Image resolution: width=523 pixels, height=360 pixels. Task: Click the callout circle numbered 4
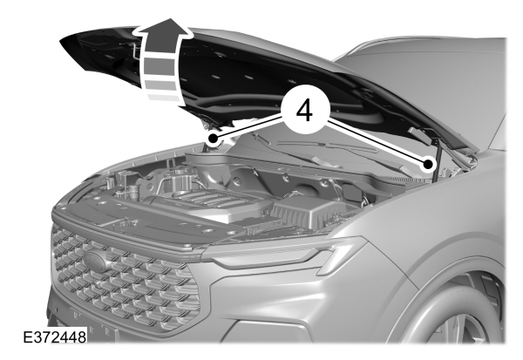click(x=305, y=110)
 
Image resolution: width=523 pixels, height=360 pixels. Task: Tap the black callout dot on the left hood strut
click(x=213, y=138)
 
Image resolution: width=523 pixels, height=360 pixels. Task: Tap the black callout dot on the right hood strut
click(x=428, y=165)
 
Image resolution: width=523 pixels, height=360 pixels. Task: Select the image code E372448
click(x=55, y=337)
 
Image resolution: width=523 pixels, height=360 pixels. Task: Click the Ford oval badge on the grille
click(x=95, y=262)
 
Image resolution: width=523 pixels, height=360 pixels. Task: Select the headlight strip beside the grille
click(x=283, y=253)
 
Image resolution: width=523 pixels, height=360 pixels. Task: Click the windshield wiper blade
click(x=327, y=146)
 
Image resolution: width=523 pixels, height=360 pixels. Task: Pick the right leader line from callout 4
click(x=376, y=143)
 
